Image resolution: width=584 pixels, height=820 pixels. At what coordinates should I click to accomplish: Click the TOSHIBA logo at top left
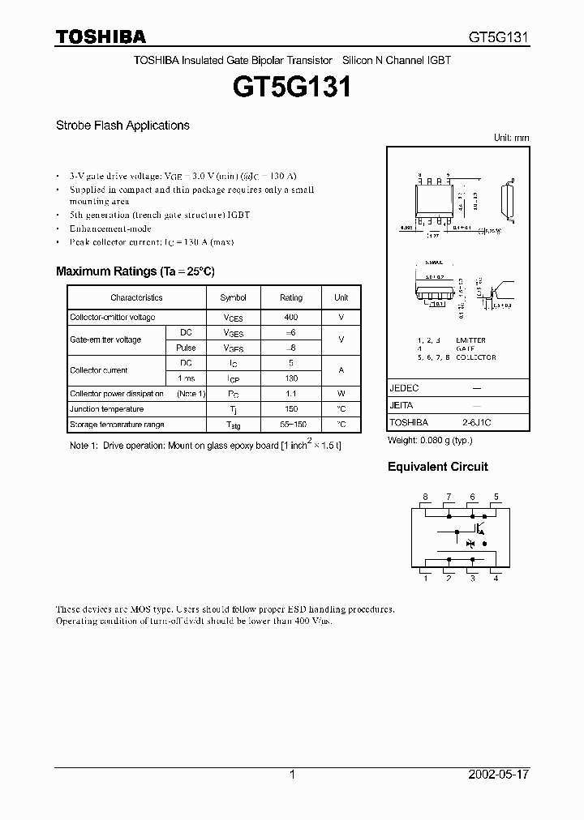101,36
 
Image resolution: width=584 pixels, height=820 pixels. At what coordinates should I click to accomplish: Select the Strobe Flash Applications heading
122,126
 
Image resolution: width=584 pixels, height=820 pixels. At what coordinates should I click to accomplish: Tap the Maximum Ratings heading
135,271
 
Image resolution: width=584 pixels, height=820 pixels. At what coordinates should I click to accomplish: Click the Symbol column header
234,297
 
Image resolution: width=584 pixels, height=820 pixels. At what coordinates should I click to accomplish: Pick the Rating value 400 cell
291,318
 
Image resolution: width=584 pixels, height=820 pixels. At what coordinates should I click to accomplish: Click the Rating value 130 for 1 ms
291,378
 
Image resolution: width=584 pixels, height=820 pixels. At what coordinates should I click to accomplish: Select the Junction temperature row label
106,409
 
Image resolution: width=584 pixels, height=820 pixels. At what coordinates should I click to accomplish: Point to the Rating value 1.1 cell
291,394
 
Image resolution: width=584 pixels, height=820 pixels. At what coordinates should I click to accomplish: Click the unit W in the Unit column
341,394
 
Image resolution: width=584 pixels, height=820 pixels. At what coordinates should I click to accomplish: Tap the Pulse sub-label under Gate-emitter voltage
186,348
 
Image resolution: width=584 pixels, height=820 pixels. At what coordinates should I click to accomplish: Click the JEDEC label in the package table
404,388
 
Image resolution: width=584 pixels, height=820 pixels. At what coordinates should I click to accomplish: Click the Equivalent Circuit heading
437,467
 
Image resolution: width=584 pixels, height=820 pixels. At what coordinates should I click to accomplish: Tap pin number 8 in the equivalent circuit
424,497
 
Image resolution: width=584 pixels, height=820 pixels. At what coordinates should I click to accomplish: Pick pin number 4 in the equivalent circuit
496,578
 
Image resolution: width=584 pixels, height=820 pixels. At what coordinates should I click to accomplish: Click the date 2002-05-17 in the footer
499,775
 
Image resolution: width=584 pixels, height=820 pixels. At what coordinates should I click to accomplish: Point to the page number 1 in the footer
292,775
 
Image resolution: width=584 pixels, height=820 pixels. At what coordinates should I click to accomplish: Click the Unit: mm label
511,138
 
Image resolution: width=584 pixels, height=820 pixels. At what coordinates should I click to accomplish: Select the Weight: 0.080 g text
429,440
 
